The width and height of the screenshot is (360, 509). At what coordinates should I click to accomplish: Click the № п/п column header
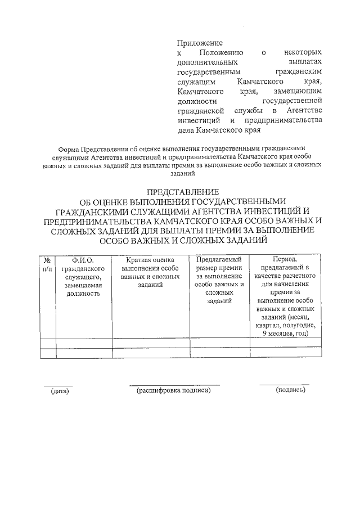(47, 264)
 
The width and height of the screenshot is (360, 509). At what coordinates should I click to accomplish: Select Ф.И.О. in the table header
(82, 260)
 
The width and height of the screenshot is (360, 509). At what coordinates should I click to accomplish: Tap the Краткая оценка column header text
(149, 260)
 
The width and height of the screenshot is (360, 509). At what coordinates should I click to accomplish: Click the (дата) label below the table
(58, 390)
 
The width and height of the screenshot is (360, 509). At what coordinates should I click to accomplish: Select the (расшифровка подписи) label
(174, 390)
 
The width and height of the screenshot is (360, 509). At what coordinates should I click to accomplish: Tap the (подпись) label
(290, 389)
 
